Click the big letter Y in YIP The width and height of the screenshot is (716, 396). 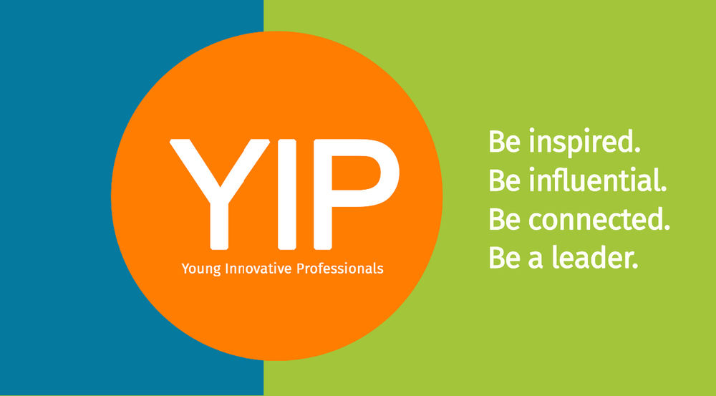pos(219,194)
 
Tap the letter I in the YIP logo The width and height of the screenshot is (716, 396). pos(287,194)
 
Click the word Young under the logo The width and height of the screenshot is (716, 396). pos(201,269)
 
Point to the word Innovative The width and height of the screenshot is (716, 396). pos(258,268)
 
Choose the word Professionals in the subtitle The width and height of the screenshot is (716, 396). pos(339,268)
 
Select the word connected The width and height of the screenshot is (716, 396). pos(594,219)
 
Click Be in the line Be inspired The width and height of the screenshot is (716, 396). pos(505,142)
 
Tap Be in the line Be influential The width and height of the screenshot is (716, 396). pos(505,180)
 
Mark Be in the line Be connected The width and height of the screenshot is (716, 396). pos(505,219)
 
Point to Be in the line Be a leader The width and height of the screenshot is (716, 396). pos(505,258)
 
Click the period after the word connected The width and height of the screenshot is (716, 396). pos(666,228)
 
